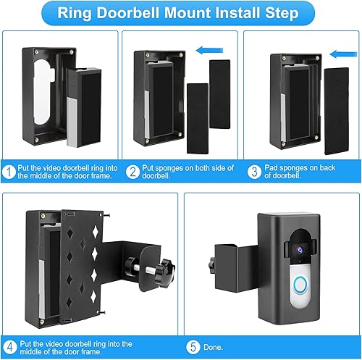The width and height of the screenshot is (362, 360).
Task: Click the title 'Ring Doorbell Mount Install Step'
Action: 181,14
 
